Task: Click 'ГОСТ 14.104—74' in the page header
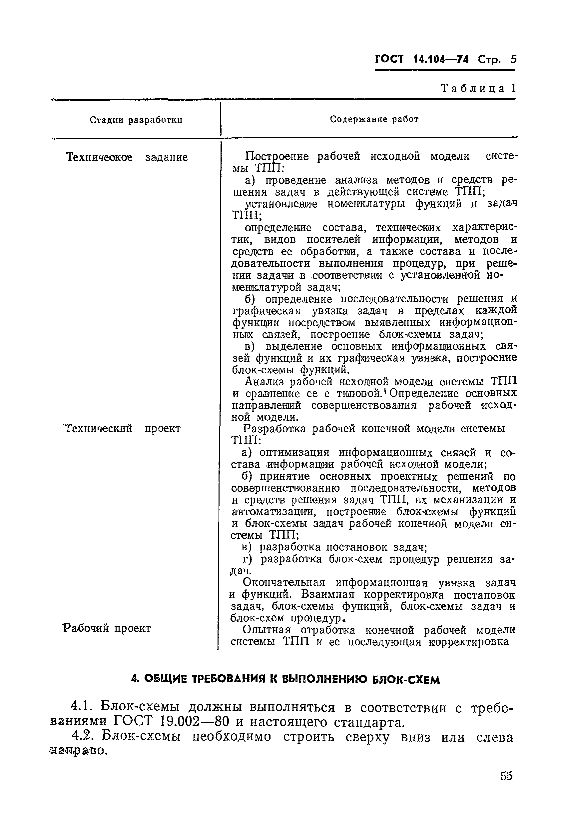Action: click(x=422, y=59)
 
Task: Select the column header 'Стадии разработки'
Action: click(x=136, y=120)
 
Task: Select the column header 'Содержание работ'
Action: click(x=374, y=119)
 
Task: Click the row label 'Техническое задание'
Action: click(x=127, y=157)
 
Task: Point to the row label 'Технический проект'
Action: click(x=122, y=428)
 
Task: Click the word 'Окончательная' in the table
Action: click(x=284, y=583)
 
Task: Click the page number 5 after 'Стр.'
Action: click(x=513, y=59)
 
